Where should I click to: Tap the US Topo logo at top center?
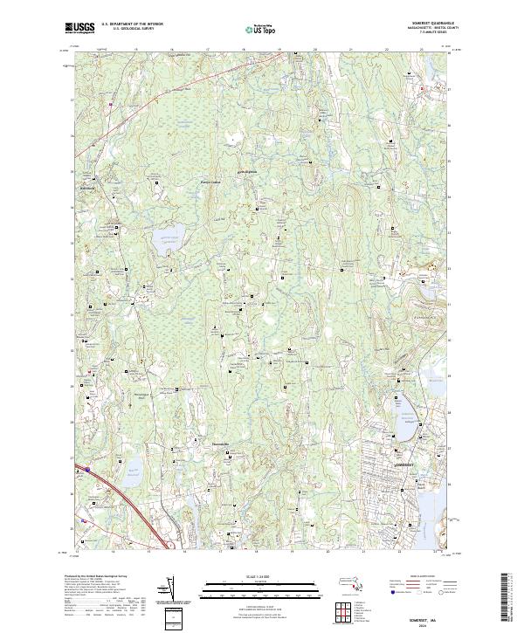(x=261, y=29)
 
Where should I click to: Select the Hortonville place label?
(x=217, y=445)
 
